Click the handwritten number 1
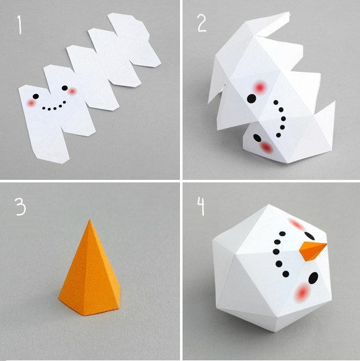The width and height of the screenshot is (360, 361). click(x=20, y=25)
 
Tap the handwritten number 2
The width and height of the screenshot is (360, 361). click(x=202, y=22)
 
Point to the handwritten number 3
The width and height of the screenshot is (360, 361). click(x=20, y=206)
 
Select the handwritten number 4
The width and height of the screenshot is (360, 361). click(x=201, y=206)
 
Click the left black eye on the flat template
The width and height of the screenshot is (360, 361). click(x=36, y=96)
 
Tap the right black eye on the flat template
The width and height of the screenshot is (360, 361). click(x=64, y=88)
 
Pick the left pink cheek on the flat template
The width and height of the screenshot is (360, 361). click(x=31, y=104)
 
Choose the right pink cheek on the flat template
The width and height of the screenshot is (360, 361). click(x=72, y=92)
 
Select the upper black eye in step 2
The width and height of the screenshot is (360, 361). click(x=251, y=98)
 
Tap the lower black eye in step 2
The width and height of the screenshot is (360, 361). click(x=257, y=138)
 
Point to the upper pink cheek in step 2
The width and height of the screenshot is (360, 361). click(x=260, y=88)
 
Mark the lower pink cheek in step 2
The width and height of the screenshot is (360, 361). click(x=267, y=147)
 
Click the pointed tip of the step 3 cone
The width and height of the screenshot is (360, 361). click(x=90, y=220)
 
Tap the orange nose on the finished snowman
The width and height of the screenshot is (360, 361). click(x=313, y=251)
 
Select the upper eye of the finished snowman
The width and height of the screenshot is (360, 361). click(x=309, y=236)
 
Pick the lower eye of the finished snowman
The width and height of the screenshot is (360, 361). click(x=313, y=278)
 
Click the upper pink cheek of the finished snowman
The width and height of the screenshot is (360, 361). click(x=296, y=224)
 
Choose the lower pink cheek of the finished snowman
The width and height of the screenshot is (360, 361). click(x=302, y=293)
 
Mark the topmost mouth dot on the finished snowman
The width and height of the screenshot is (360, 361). click(x=282, y=234)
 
